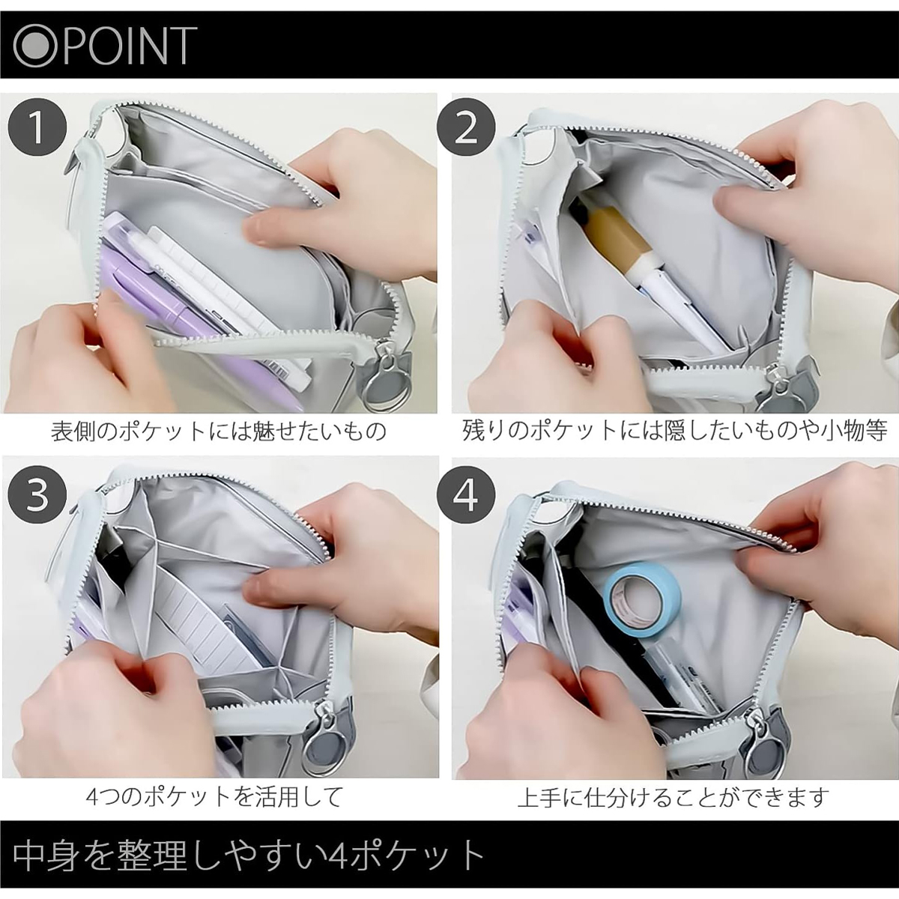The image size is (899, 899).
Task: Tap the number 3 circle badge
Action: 37,495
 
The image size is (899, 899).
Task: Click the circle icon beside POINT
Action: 37,46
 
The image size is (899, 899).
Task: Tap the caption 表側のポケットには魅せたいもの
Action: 218,432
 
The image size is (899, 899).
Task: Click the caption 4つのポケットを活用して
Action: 214,797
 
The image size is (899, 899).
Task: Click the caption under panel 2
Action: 675,432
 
